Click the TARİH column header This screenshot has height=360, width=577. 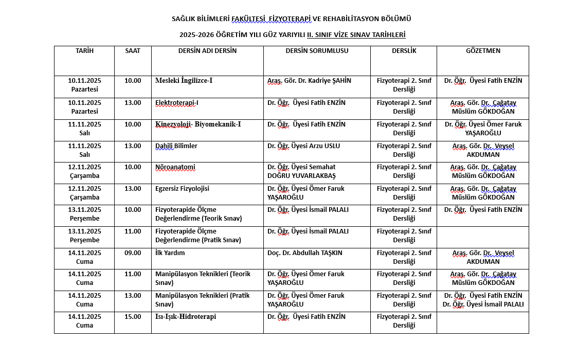(x=84, y=51)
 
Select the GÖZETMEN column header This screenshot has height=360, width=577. (x=483, y=51)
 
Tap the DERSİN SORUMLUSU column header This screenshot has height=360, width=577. (x=317, y=51)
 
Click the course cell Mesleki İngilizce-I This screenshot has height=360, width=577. (x=184, y=81)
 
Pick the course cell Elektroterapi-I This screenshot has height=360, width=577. (x=177, y=103)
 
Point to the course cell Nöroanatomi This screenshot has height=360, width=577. (x=175, y=167)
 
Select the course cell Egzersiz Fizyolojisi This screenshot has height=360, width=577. (x=182, y=189)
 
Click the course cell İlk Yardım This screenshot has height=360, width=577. (x=170, y=253)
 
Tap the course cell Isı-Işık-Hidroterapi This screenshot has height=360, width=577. (x=186, y=317)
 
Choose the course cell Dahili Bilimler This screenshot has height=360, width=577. (x=176, y=146)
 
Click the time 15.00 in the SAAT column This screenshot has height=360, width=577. (x=133, y=317)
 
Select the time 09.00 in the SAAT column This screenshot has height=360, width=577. (x=133, y=253)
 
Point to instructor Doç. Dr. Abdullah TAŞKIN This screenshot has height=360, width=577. (x=305, y=253)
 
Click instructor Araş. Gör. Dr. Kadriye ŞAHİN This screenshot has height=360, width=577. (x=309, y=81)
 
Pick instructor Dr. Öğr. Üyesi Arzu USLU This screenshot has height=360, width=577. (x=303, y=146)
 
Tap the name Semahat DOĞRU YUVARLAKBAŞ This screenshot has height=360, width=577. (x=301, y=171)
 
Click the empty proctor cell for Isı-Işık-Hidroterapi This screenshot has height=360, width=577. (x=483, y=322)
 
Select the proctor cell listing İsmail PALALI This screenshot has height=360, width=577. (x=483, y=300)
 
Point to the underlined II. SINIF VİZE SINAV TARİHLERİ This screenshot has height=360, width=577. (x=356, y=35)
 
